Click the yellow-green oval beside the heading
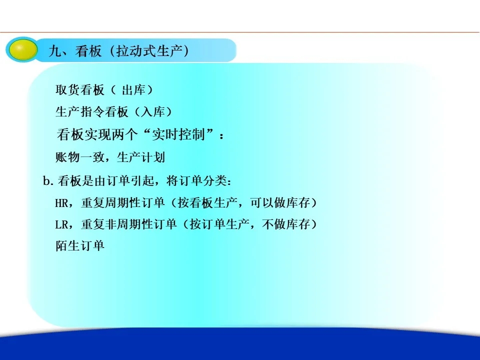[22, 50]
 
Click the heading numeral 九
[55, 51]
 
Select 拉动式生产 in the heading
[149, 51]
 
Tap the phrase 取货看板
[80, 90]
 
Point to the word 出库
[134, 90]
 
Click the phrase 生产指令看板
[92, 111]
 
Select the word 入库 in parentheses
[153, 111]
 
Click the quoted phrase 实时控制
[178, 134]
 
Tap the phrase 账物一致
[80, 157]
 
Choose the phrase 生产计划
[141, 157]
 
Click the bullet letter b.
[46, 180]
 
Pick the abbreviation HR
[62, 202]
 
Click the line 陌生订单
[80, 246]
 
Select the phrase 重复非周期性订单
[129, 224]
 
